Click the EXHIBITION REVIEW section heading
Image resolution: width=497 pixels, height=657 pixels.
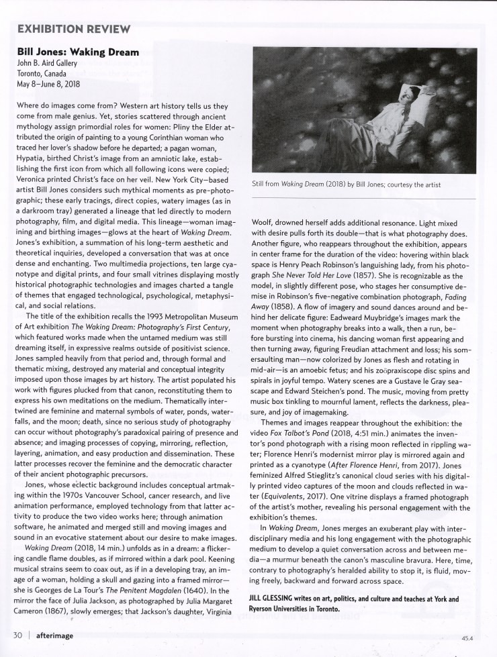pos(75,30)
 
